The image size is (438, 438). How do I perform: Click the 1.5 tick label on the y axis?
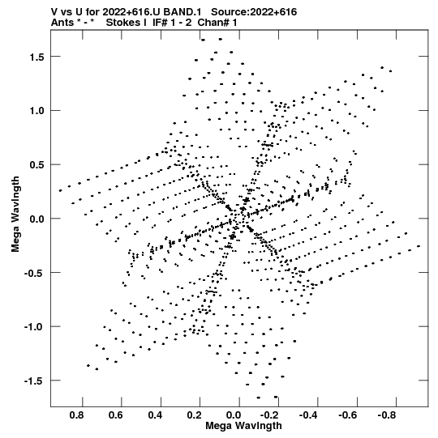click(x=37, y=57)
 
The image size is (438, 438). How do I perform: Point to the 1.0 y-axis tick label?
click(x=37, y=111)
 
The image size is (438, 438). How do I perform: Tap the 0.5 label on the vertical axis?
click(x=37, y=165)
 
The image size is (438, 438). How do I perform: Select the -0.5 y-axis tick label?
click(x=34, y=273)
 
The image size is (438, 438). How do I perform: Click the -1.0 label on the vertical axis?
click(x=34, y=327)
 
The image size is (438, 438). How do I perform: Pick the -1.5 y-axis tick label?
click(x=34, y=381)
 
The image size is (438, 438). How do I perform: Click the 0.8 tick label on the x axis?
click(x=77, y=415)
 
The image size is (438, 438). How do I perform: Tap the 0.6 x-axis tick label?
click(x=116, y=415)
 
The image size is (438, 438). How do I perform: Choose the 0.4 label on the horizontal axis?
click(x=155, y=415)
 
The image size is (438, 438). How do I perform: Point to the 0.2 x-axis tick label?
click(x=194, y=415)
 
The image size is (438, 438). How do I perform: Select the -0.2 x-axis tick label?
click(x=269, y=415)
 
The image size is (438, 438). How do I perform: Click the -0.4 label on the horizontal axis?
click(x=308, y=415)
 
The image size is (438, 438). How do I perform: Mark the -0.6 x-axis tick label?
click(x=348, y=415)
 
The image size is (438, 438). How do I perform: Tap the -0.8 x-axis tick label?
click(x=387, y=415)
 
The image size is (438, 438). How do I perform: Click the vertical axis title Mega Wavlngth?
click(x=15, y=215)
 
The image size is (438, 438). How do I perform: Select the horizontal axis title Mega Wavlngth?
click(x=243, y=426)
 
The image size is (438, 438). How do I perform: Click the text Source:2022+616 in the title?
click(x=254, y=12)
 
